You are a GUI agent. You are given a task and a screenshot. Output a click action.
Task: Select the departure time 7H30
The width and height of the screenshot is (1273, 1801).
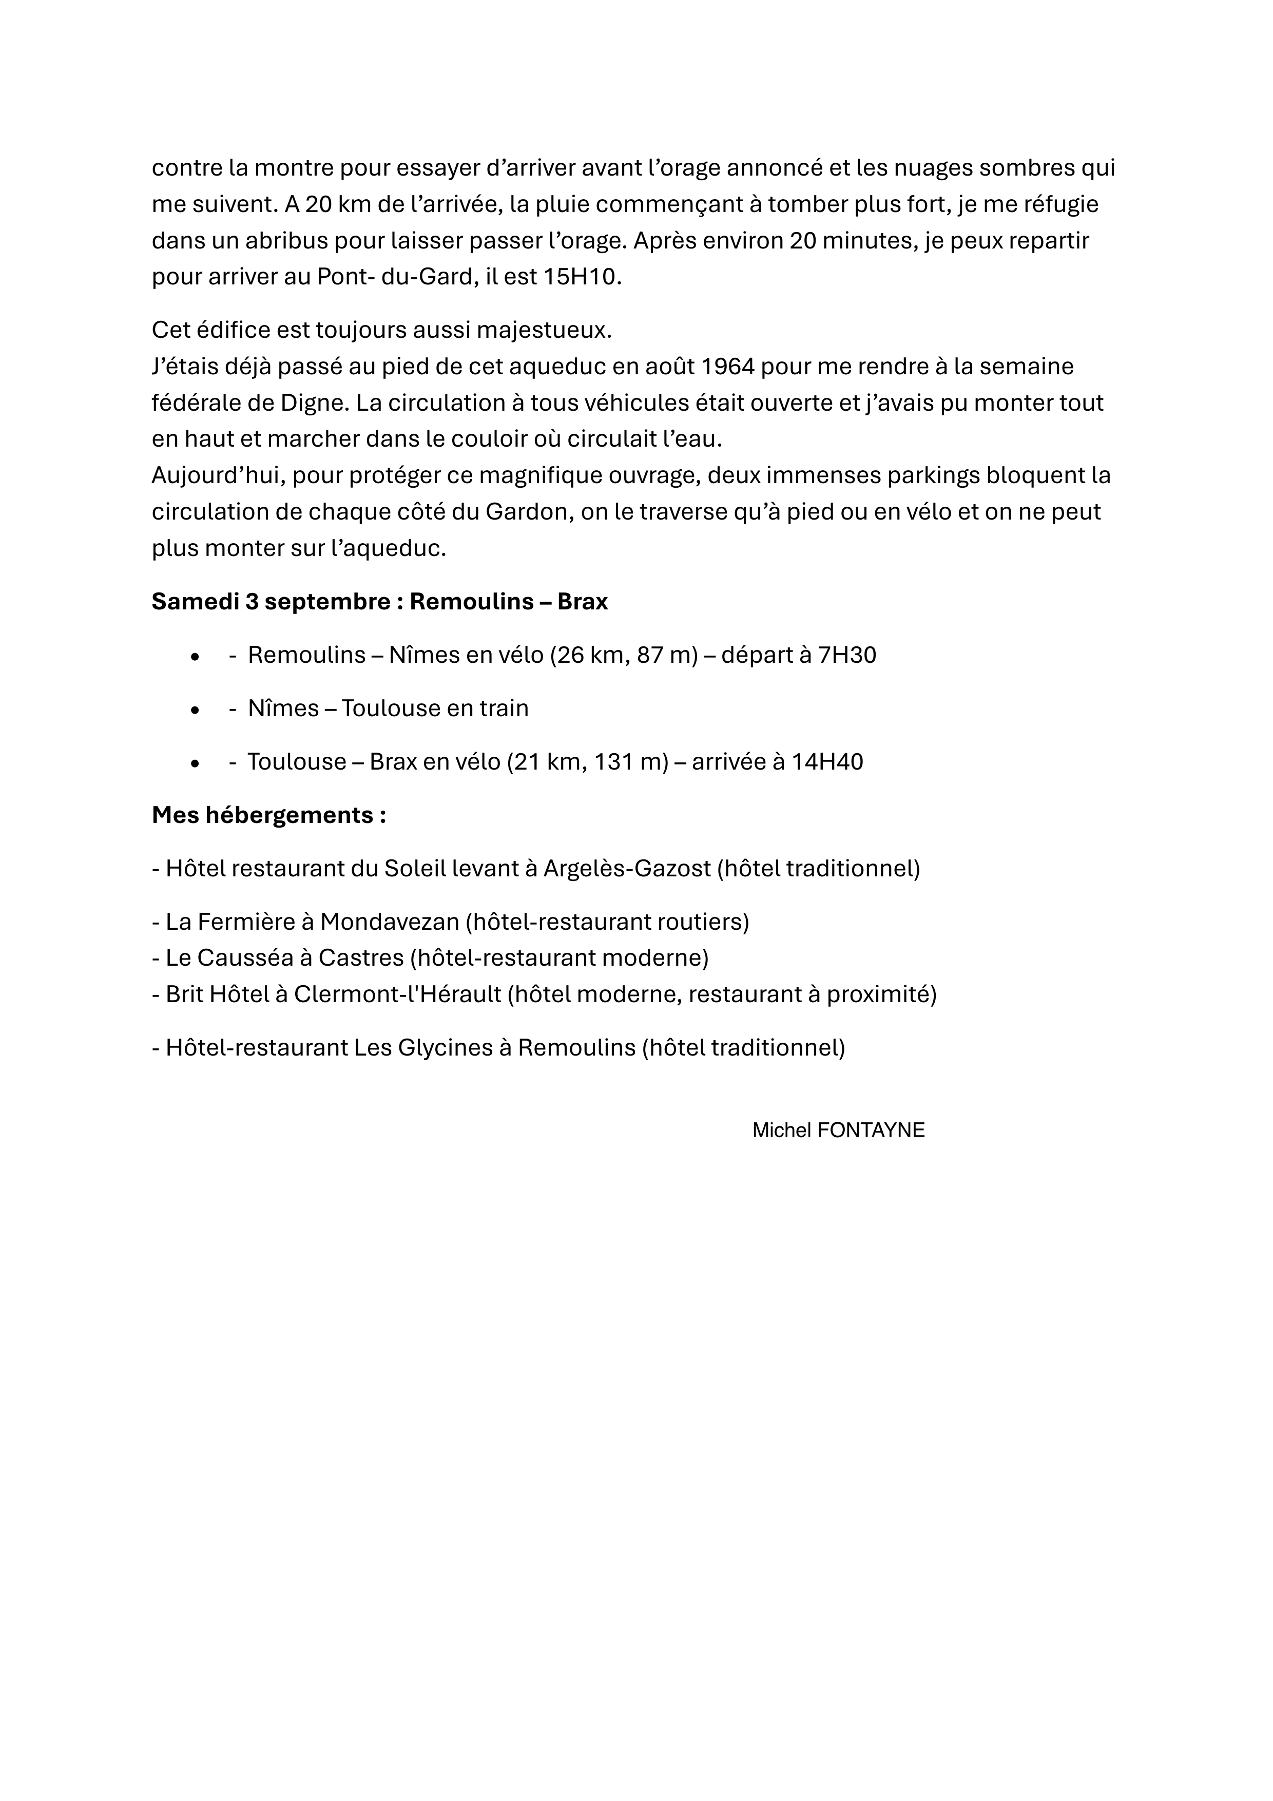coord(846,655)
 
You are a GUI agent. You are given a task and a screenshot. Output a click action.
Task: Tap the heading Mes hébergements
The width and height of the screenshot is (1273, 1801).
coord(268,815)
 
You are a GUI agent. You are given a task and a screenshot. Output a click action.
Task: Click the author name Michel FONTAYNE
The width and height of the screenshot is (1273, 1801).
coord(838,1131)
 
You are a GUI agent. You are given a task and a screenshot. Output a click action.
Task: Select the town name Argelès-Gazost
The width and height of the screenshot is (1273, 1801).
coord(627,868)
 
